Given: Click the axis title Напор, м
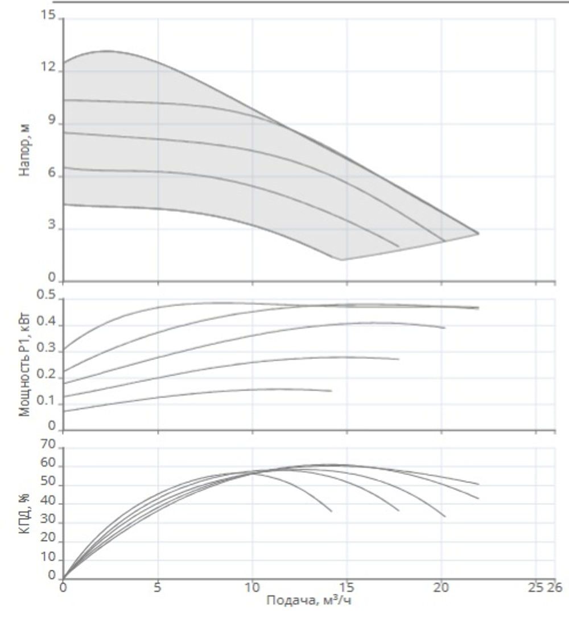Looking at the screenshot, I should tap(24, 150).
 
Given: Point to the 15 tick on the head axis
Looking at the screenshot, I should tap(49, 16).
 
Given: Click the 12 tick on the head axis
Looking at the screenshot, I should tap(49, 68).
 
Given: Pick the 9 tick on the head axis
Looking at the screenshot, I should tap(52, 121).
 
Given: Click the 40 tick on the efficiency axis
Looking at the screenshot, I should tap(49, 503).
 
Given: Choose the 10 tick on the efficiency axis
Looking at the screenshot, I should tap(49, 558).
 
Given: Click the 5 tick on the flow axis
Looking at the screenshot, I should tap(158, 587).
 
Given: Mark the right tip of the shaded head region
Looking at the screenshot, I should tap(479, 234).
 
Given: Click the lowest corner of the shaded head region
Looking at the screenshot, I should tap(341, 260).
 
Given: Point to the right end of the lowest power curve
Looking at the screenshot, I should tap(331, 391).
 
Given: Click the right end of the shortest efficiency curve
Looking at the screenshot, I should tap(331, 511).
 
